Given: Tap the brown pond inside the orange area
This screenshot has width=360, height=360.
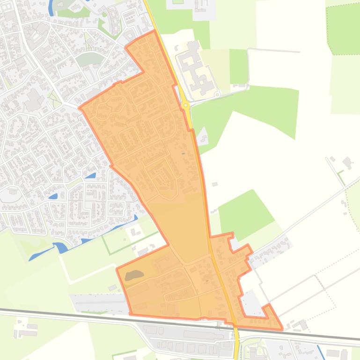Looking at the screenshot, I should (x=134, y=275).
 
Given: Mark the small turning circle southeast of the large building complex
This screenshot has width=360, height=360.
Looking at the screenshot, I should (x=217, y=95).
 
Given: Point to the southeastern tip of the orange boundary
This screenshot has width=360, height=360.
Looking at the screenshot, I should (x=282, y=329).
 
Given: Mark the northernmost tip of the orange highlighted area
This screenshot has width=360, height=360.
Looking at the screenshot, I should (x=154, y=31).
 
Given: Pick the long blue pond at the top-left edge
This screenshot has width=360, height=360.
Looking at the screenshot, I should (x=51, y=7).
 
